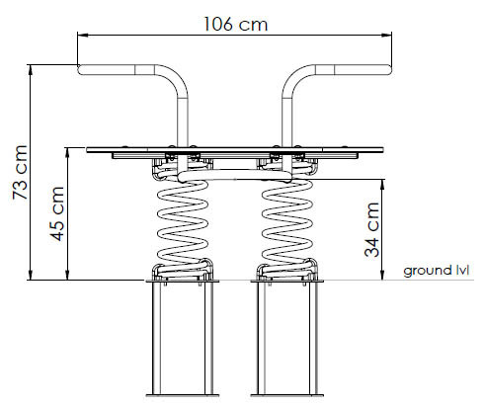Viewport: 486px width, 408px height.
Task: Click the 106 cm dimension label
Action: [236, 24]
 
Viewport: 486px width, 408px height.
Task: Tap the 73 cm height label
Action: [20, 172]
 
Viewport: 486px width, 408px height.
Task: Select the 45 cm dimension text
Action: [57, 213]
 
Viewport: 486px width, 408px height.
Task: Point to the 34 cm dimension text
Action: [371, 229]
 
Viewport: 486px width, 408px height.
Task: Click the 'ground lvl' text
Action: [436, 271]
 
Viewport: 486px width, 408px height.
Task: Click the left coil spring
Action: [183, 219]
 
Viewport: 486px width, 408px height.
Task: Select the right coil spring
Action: [286, 219]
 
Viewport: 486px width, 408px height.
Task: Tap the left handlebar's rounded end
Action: [81, 70]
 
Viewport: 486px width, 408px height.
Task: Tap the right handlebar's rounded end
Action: [388, 70]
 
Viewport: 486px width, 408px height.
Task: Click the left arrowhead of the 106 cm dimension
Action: [82, 35]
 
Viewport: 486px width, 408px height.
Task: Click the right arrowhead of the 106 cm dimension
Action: [386, 35]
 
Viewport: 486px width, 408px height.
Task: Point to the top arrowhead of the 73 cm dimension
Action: [31, 69]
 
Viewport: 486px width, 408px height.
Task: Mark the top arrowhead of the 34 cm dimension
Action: [382, 184]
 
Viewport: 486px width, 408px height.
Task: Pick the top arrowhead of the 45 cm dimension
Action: [67, 152]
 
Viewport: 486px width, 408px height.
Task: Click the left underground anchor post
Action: [183, 337]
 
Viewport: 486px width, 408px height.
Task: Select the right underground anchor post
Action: [287, 337]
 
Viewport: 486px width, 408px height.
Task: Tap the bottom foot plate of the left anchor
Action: [183, 395]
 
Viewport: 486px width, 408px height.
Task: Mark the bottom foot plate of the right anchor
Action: [287, 395]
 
